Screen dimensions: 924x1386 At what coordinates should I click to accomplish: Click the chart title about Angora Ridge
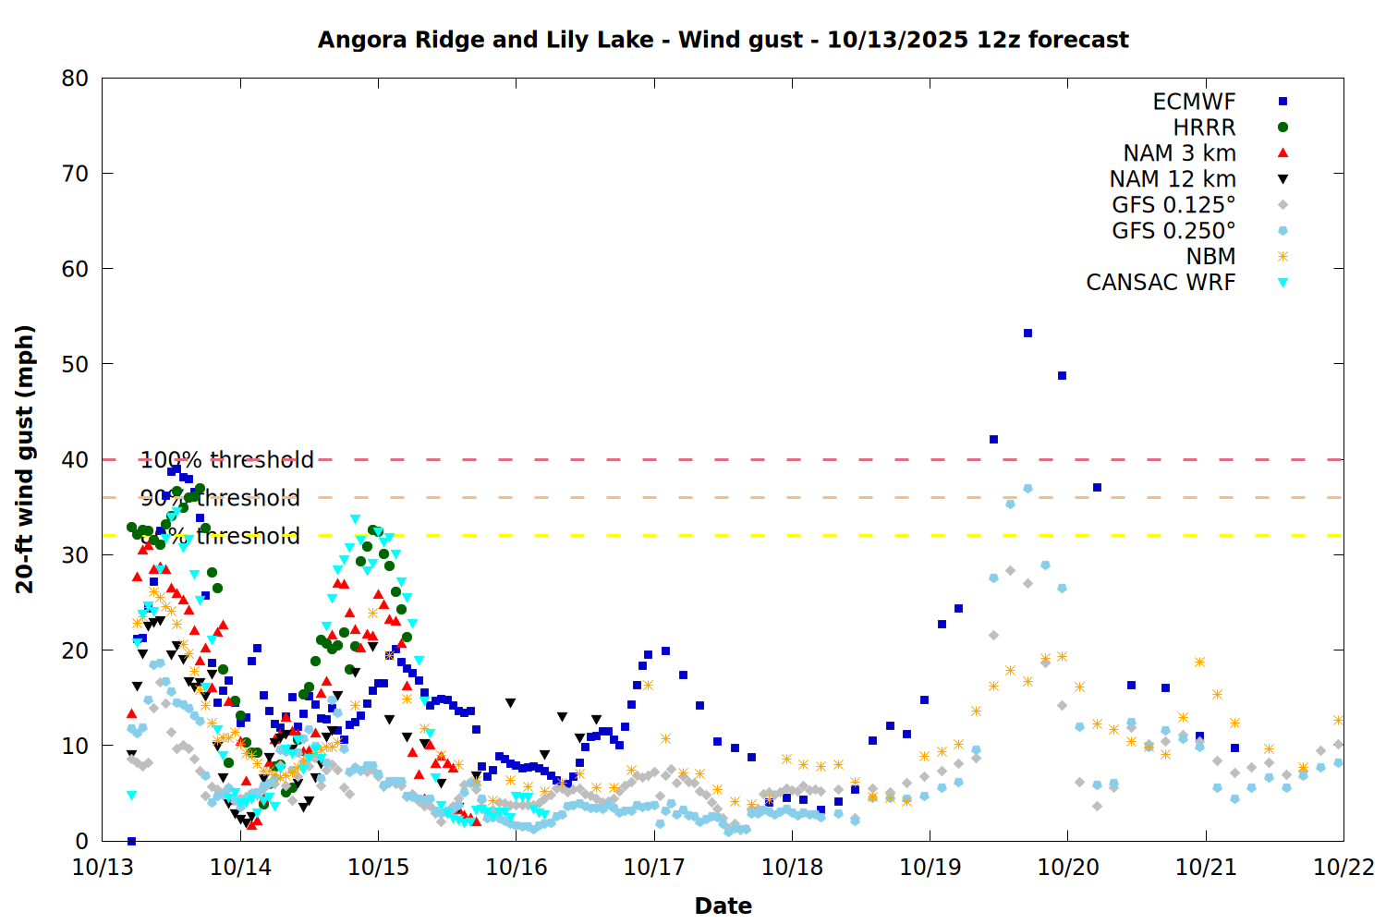tap(723, 40)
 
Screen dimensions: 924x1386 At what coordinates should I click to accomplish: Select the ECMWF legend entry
tap(1194, 102)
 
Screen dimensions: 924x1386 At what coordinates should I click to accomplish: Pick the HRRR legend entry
tap(1204, 128)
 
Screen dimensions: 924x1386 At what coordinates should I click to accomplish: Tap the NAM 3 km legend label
tap(1179, 153)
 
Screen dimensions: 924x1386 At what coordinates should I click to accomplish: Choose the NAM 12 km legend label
tap(1173, 179)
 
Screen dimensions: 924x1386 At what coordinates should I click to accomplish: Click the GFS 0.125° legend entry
tap(1173, 205)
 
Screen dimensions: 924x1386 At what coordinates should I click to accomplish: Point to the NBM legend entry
tap(1210, 257)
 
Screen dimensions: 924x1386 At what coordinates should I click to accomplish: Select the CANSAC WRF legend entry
tap(1161, 283)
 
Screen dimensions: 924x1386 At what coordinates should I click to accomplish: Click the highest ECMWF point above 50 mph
tap(1027, 333)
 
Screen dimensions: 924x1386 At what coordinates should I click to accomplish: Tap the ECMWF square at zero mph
tap(131, 841)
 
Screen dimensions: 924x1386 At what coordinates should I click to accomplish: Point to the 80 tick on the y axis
tap(76, 79)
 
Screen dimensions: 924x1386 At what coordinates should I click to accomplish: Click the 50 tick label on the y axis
tap(76, 364)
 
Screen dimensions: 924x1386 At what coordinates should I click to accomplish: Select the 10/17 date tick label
tap(653, 868)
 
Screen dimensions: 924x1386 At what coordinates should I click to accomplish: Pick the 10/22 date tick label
tap(1343, 868)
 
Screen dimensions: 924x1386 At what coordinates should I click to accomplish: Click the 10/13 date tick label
tap(103, 868)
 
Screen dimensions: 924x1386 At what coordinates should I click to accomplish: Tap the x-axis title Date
tap(723, 906)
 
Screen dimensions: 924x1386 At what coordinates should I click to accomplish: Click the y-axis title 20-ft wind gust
tap(25, 459)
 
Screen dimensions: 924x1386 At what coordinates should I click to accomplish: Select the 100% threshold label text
tap(227, 460)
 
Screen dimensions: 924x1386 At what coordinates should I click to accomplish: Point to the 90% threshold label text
tap(221, 498)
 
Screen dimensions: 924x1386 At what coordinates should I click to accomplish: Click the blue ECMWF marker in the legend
tap(1283, 102)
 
